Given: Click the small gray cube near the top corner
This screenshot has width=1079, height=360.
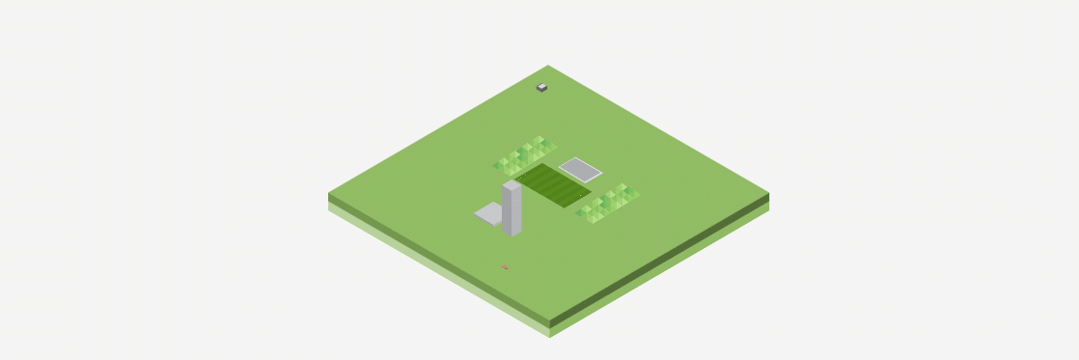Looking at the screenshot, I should [x=541, y=88].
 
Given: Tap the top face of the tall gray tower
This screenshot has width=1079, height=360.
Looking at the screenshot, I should [x=512, y=185].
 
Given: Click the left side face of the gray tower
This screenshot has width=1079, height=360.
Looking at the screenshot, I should [x=507, y=210].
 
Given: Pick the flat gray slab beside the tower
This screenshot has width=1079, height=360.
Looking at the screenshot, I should [x=488, y=214].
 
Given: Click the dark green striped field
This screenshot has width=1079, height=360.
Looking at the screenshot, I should [x=552, y=184].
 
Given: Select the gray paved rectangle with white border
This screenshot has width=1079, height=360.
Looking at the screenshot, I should [x=580, y=170].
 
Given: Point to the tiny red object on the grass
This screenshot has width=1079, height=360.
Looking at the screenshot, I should [x=504, y=267].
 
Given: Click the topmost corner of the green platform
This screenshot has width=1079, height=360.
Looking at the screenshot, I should [x=548, y=66].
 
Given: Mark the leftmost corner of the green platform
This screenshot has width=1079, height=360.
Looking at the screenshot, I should [x=329, y=192].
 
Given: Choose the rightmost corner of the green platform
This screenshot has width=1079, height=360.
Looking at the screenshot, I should [x=768, y=192].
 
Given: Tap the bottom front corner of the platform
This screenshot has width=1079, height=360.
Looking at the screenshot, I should [x=549, y=319].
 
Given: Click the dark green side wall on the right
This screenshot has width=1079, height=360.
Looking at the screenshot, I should [x=666, y=258].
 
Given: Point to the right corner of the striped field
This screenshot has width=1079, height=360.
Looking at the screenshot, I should [x=590, y=193].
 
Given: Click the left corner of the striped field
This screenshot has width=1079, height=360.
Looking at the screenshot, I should [x=515, y=178].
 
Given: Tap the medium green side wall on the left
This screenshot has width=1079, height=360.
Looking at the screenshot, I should [x=434, y=257].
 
